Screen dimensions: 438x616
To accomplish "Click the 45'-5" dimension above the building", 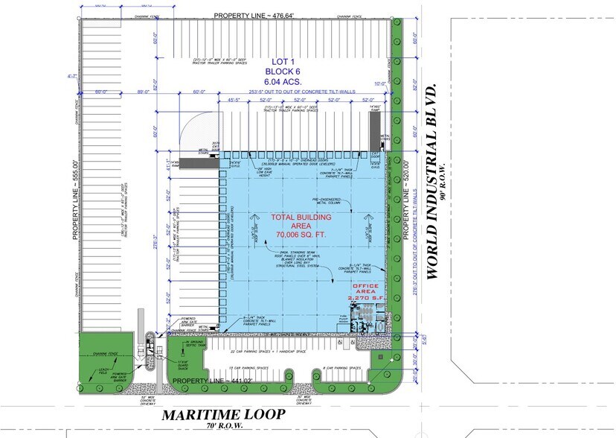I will (x=237, y=99).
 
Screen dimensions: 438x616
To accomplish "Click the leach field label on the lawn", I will (x=97, y=370).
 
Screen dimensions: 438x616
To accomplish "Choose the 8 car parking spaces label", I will (x=343, y=368).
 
